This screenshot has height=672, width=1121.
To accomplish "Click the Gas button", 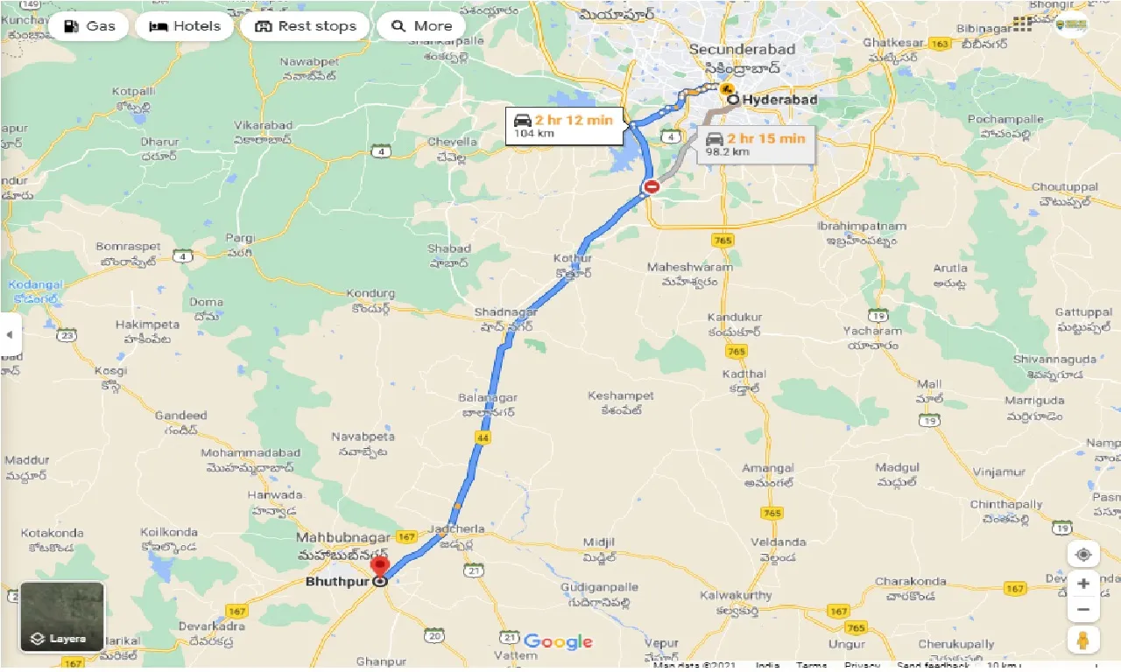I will pos(88,26).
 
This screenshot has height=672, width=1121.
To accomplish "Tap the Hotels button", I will pos(184,26).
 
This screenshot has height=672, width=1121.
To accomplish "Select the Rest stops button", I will pos(306,26).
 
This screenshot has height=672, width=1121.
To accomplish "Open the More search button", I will pos(421,26).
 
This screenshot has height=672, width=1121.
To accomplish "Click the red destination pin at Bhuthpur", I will pos(380,566).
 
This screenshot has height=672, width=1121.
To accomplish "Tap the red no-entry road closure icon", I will pos(652,186).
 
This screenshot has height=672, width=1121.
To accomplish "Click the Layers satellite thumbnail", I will pos(62,617).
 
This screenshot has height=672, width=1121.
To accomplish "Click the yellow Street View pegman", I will pos(1083,640).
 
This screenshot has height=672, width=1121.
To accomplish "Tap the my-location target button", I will pos(1083,555).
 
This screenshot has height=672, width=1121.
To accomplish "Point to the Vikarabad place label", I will pos(263,125).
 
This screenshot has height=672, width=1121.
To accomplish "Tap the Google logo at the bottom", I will pos(559,642).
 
